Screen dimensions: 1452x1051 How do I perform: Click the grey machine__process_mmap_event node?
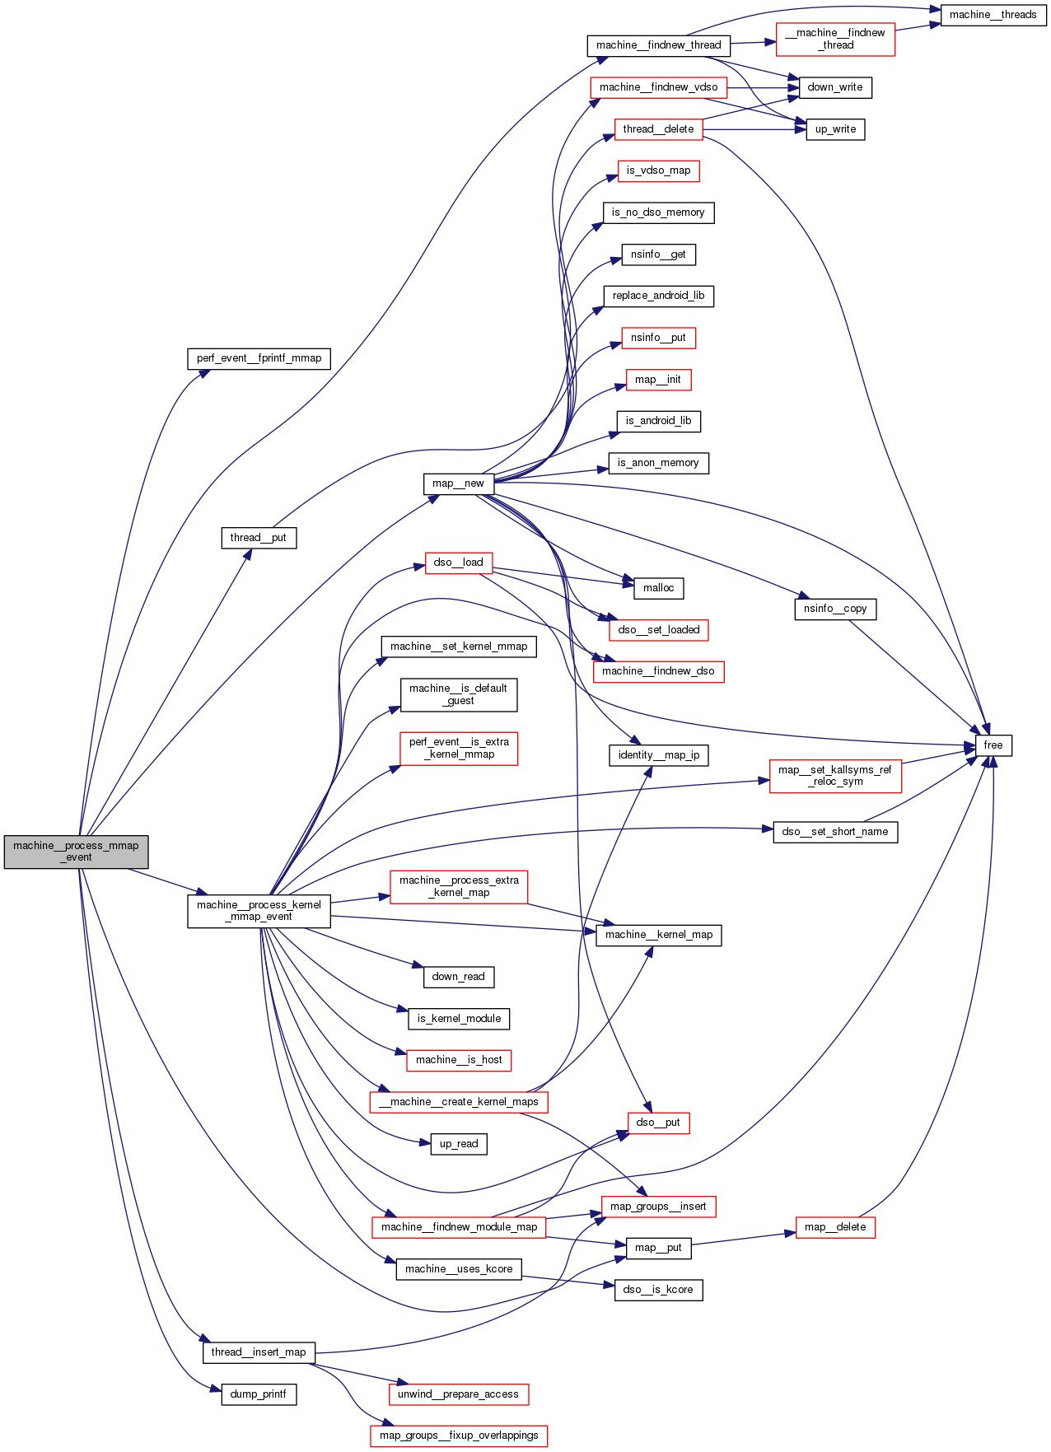(76, 852)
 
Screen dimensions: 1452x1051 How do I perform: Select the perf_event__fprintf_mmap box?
(259, 358)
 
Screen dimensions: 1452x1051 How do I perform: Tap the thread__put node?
(259, 538)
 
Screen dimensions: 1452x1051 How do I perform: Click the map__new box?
(458, 483)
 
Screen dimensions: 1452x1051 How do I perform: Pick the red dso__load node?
(458, 563)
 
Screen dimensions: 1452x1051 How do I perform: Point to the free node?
(993, 745)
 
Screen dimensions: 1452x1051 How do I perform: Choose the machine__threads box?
(993, 15)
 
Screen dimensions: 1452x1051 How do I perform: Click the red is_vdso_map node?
(658, 170)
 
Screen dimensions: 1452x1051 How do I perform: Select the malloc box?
(658, 588)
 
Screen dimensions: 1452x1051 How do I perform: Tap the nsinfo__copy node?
(835, 609)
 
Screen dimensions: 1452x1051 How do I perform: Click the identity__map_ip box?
(658, 755)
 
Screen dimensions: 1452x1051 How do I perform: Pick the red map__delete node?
(835, 1227)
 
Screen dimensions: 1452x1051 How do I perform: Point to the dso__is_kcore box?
(658, 1290)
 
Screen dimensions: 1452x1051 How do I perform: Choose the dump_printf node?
(259, 1394)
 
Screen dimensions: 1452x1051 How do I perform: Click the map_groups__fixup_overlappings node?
(459, 1436)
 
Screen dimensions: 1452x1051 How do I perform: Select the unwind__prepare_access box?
(458, 1394)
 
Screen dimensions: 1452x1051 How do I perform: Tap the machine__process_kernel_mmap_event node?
(259, 911)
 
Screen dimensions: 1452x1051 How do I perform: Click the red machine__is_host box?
(459, 1060)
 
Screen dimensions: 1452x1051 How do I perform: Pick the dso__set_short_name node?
(835, 832)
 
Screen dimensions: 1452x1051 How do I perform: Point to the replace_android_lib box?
(658, 296)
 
